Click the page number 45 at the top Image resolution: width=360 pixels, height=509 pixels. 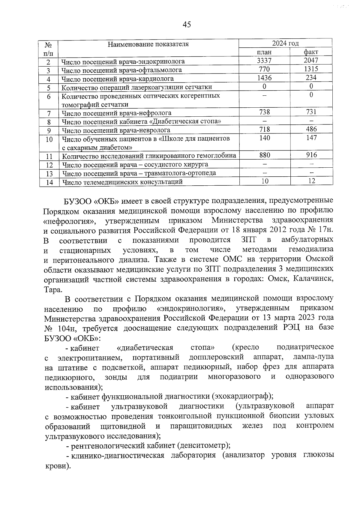186,25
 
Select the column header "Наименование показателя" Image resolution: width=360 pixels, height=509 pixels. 148,44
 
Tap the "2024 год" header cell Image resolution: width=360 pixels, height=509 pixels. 285,43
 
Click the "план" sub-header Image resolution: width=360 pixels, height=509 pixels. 264,52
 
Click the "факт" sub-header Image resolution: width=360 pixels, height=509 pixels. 311,52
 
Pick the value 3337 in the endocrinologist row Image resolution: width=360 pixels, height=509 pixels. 264,61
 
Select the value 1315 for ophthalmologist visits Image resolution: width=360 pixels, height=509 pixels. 311,69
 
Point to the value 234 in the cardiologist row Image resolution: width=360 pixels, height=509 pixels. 311,78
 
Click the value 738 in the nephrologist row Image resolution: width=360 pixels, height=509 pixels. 264,112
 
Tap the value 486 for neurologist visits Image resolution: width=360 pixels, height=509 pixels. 311,129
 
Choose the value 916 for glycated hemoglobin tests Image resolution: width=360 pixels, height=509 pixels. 311,155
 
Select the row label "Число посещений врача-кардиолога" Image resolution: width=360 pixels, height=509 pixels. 118,79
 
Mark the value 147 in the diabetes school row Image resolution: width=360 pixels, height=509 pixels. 311,138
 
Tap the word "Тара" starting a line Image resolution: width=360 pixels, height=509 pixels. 53,290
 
